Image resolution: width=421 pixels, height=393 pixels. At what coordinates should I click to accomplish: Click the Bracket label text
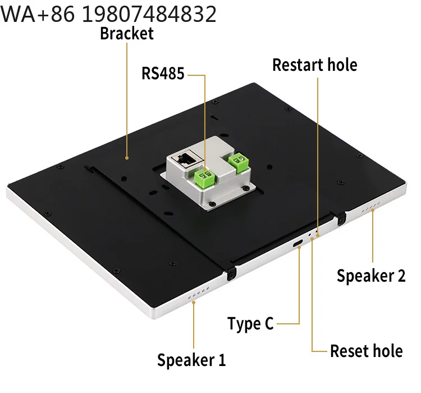click(127, 34)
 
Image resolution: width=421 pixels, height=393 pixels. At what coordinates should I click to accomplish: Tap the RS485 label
click(163, 73)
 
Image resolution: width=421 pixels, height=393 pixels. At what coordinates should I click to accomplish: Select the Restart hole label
click(315, 65)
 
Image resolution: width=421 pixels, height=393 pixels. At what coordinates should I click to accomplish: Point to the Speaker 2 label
click(371, 276)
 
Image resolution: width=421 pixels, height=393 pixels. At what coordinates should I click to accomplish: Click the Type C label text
click(250, 323)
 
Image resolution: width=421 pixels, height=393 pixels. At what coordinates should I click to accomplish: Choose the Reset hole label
click(366, 351)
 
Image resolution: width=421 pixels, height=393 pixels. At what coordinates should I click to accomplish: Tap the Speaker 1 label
click(191, 360)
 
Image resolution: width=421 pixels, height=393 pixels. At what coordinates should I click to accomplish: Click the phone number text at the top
click(108, 14)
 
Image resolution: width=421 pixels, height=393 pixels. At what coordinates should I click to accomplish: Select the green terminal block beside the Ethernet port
click(205, 178)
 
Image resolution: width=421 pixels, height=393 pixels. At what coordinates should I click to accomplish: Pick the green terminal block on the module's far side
click(239, 162)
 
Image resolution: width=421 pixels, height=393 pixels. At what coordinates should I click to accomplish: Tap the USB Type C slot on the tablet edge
click(298, 243)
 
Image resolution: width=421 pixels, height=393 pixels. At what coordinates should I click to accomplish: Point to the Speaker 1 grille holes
click(198, 293)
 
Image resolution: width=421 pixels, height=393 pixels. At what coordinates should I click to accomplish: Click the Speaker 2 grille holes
click(371, 207)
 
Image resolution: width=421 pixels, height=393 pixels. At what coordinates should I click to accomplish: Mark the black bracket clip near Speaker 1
click(231, 274)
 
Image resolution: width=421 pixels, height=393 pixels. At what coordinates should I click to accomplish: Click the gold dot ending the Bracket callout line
click(127, 158)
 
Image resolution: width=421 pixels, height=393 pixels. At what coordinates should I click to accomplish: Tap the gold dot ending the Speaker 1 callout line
click(193, 302)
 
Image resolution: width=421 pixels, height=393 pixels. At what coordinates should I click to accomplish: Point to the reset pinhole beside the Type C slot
click(309, 234)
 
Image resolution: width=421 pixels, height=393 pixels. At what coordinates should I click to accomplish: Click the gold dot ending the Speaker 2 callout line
click(372, 210)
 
